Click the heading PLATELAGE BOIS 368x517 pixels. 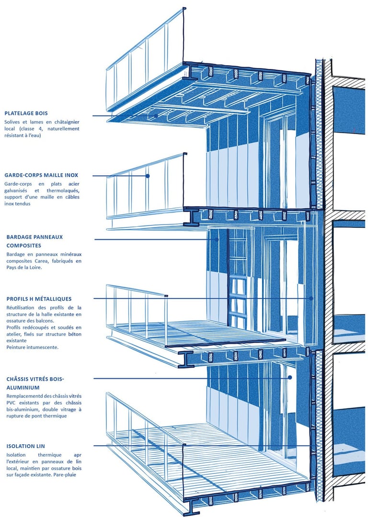pyautogui.click(x=26, y=113)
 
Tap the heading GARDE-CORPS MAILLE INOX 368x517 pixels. pyautogui.click(x=41, y=175)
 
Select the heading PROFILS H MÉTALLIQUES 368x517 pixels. pyautogui.click(x=39, y=299)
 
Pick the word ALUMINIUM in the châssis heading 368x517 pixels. pyautogui.click(x=23, y=387)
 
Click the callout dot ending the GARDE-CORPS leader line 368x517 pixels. pyautogui.click(x=148, y=176)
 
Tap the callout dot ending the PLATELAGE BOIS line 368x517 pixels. pyautogui.click(x=156, y=116)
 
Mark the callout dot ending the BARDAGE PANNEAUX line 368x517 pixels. pyautogui.click(x=217, y=239)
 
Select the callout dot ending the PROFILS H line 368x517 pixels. pyautogui.click(x=310, y=298)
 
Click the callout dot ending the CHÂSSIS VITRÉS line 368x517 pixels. pyautogui.click(x=290, y=378)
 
